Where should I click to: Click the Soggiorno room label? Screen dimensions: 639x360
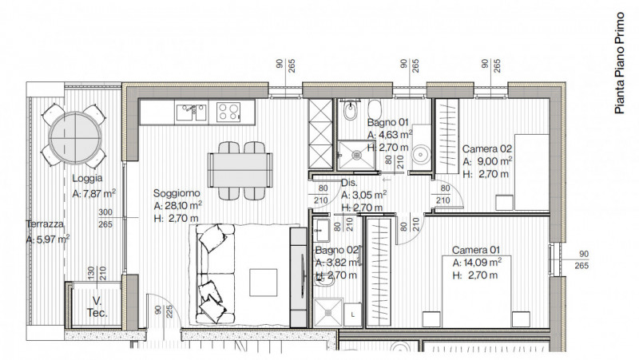177,193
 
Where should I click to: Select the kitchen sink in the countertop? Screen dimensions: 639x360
191,112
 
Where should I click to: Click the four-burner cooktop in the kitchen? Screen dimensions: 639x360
228,112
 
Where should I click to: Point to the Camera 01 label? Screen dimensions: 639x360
475,250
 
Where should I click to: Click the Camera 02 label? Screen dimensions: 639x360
486,149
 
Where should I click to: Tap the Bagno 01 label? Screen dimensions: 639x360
387,122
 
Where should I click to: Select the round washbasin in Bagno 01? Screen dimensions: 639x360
421,155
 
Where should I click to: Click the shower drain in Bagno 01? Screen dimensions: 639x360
356,155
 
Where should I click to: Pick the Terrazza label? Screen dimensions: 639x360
45,224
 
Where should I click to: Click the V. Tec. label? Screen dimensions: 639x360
97,307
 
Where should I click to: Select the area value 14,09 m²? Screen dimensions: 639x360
482,263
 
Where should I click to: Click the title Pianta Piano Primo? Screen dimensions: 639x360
620,63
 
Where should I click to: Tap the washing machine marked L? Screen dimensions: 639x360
352,315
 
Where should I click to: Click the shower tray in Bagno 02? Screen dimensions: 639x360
328,313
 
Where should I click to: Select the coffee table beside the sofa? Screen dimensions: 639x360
264,283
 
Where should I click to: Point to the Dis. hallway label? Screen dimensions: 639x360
349,183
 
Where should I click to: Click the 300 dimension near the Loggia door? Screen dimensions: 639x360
105,212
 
